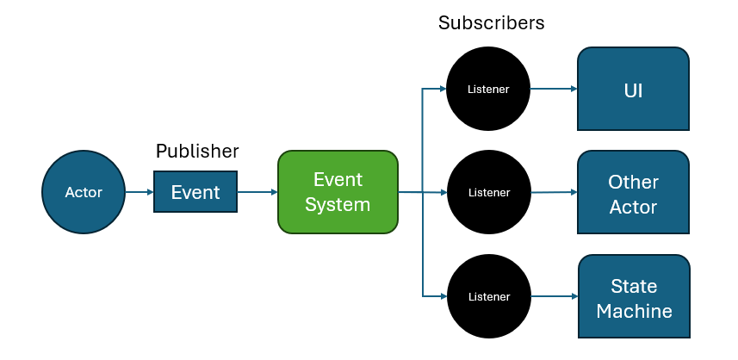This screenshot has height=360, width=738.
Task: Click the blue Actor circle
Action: [x=84, y=192]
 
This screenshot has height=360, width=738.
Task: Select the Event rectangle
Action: [x=195, y=192]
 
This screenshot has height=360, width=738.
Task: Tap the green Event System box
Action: [x=338, y=192]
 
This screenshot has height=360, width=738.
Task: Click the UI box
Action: [x=633, y=89]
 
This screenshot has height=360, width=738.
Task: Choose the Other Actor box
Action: [x=633, y=193]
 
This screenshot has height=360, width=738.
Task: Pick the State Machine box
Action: [x=634, y=297]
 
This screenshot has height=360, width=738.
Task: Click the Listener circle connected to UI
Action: [x=488, y=89]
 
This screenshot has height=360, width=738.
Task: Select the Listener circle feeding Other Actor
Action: [x=488, y=193]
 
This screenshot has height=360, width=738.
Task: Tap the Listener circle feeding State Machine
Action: [x=488, y=297]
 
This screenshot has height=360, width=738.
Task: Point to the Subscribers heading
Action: [x=491, y=23]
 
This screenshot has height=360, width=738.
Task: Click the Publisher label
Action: [x=197, y=152]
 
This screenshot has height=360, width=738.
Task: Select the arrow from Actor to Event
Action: [x=140, y=192]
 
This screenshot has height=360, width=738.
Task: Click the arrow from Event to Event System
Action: [x=257, y=192]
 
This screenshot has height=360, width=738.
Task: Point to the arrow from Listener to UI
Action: [x=554, y=89]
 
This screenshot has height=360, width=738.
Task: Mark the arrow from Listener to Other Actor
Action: [x=554, y=193]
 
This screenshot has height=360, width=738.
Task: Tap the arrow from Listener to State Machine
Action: [x=554, y=297]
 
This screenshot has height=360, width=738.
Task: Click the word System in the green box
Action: [x=338, y=205]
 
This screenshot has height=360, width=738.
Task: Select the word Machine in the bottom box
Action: [x=634, y=311]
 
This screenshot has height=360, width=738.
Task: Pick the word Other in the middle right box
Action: [x=633, y=182]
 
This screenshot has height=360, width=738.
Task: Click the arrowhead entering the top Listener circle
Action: [x=441, y=89]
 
